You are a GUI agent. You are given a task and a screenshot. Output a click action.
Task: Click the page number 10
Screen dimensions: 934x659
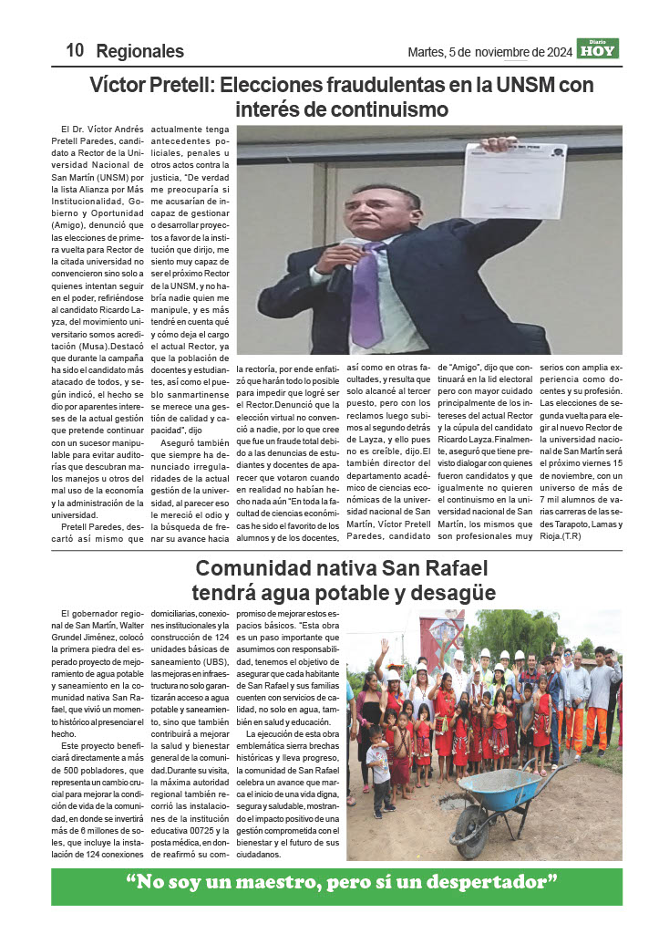click(x=75, y=51)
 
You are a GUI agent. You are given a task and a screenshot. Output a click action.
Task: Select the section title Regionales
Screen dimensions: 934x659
click(x=139, y=51)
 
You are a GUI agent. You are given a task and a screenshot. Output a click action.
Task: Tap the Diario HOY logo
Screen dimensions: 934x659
click(x=597, y=48)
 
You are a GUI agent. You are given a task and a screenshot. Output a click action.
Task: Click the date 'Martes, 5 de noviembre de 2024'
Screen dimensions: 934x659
click(x=489, y=52)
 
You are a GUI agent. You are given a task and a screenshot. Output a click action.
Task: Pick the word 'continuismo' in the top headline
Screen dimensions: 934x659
click(x=393, y=109)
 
